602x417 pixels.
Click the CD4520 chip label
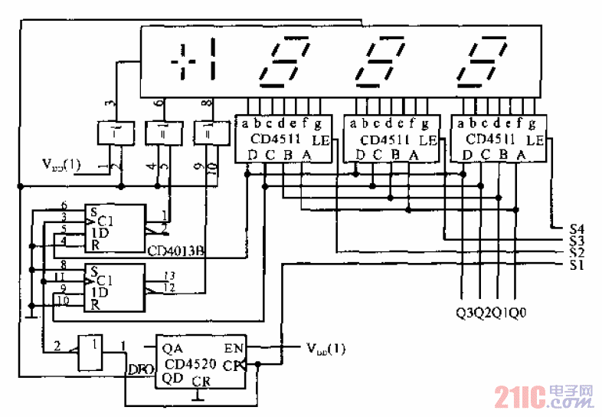[189, 364]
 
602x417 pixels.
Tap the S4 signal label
[577, 228]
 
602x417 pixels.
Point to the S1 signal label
[577, 265]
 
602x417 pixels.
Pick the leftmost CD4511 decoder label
[276, 140]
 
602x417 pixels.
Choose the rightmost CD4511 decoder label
[490, 140]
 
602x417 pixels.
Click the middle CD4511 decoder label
[384, 140]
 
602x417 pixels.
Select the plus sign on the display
[182, 61]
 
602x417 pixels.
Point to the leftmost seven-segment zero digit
[285, 61]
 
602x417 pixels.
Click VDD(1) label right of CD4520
[326, 348]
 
